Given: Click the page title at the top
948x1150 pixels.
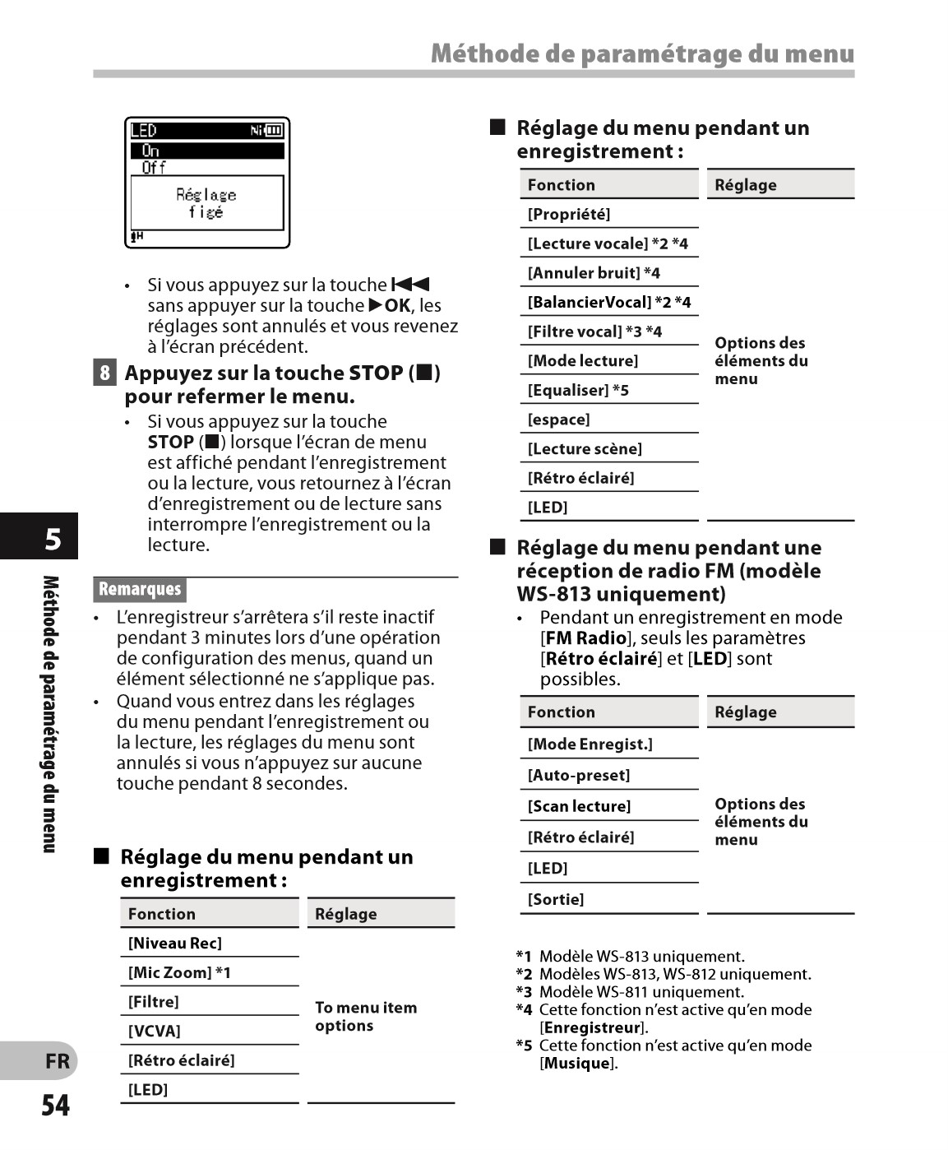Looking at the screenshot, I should pyautogui.click(x=642, y=54).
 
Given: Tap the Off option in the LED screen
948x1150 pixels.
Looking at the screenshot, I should pyautogui.click(x=154, y=168).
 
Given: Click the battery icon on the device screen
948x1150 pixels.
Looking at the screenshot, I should pyautogui.click(x=273, y=130).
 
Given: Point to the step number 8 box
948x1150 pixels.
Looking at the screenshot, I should pyautogui.click(x=104, y=373).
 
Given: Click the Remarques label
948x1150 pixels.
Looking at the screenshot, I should pyautogui.click(x=140, y=589).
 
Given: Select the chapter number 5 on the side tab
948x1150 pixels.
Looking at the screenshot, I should pyautogui.click(x=53, y=539).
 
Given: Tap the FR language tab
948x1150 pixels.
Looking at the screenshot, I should pyautogui.click(x=57, y=1061).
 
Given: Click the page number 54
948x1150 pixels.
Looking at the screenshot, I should pyautogui.click(x=56, y=1105).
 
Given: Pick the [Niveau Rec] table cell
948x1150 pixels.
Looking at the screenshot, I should pyautogui.click(x=175, y=944).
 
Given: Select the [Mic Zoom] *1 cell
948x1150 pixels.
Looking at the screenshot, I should pyautogui.click(x=179, y=973).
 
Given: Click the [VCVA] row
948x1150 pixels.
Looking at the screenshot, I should pyautogui.click(x=155, y=1032).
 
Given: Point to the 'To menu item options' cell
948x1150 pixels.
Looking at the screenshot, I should pyautogui.click(x=366, y=1017).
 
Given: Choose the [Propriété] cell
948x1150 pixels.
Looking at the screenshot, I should pyautogui.click(x=569, y=215).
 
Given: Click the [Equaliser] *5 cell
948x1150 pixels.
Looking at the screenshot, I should pyautogui.click(x=578, y=391).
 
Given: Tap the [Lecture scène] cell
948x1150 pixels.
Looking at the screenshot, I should pyautogui.click(x=585, y=449).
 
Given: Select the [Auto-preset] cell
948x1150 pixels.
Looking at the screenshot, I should pyautogui.click(x=579, y=776).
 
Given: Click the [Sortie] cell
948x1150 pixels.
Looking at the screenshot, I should pyautogui.click(x=556, y=900).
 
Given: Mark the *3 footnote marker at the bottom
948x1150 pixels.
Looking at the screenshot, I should pyautogui.click(x=524, y=992).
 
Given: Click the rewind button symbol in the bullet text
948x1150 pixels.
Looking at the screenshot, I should pyautogui.click(x=411, y=285).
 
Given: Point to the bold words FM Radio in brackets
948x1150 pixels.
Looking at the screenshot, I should pyautogui.click(x=585, y=638).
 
